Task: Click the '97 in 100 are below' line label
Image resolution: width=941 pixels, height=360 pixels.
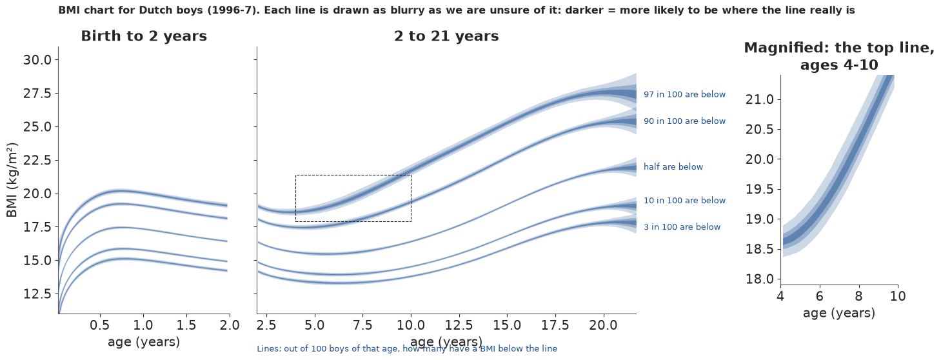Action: pyautogui.click(x=684, y=94)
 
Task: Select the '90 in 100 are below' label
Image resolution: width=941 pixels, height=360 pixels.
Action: pyautogui.click(x=684, y=121)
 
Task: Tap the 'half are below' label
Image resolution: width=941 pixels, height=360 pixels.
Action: pyautogui.click(x=673, y=166)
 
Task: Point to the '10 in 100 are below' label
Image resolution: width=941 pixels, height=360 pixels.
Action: pyautogui.click(x=684, y=201)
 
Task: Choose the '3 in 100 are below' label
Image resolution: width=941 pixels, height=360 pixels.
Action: pyautogui.click(x=682, y=227)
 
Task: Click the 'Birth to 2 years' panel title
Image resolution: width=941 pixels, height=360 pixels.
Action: pyautogui.click(x=144, y=36)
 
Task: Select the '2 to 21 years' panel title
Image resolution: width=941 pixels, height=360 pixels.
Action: pyautogui.click(x=446, y=36)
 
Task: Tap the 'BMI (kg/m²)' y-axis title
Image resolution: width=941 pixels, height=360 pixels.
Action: pyautogui.click(x=12, y=180)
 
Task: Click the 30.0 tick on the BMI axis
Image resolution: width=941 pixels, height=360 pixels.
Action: pyautogui.click(x=37, y=60)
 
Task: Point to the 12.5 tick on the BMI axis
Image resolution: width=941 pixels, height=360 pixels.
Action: pyautogui.click(x=37, y=294)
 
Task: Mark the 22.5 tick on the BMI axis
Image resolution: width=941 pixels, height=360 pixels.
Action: pyautogui.click(x=37, y=161)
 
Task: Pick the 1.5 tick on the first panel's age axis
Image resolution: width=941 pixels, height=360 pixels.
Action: pyautogui.click(x=186, y=325)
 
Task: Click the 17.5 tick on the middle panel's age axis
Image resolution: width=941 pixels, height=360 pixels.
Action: pyautogui.click(x=555, y=325)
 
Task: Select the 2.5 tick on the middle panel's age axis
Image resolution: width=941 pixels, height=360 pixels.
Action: pyautogui.click(x=266, y=325)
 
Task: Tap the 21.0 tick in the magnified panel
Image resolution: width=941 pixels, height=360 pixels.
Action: pyautogui.click(x=760, y=100)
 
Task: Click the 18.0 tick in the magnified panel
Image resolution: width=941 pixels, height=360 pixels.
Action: pyautogui.click(x=760, y=279)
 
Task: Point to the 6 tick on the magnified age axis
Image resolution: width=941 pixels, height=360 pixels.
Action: pyautogui.click(x=820, y=297)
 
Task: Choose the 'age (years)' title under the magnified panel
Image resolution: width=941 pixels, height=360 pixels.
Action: pyautogui.click(x=839, y=314)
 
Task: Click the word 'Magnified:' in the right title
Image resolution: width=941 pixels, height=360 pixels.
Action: pyautogui.click(x=786, y=48)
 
